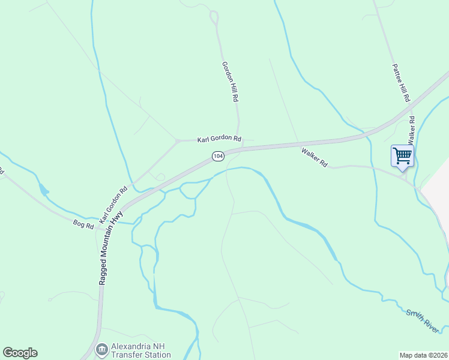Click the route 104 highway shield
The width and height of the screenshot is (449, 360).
tap(218, 156)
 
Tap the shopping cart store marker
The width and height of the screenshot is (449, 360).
tap(402, 155)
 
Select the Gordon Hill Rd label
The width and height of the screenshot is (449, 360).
tap(231, 82)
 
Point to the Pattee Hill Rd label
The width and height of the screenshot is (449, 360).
tap(401, 82)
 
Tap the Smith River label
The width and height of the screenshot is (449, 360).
tap(423, 318)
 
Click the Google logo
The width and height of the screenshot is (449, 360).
tap(20, 353)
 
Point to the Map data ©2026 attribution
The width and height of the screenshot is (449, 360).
tap(423, 355)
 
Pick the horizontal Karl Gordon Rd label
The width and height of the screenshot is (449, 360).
tap(219, 139)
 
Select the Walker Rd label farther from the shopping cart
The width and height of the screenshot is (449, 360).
tap(315, 158)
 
